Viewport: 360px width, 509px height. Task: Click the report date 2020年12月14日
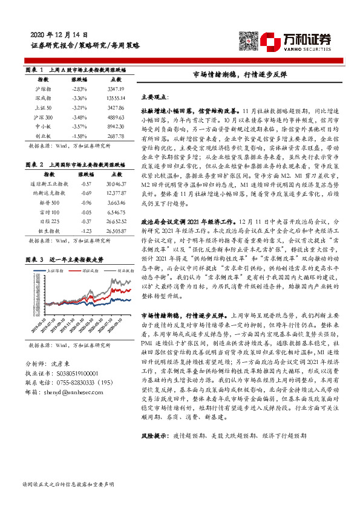tap(63, 35)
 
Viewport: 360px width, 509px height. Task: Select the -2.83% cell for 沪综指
tap(80, 89)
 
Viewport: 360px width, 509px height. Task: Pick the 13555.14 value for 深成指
tap(114, 98)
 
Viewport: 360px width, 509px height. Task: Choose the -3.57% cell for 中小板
tap(80, 126)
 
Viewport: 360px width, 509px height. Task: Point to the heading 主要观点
tap(155, 97)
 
